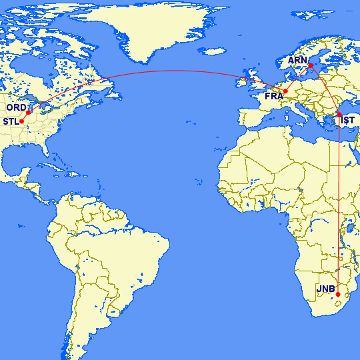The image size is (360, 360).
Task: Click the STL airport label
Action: click(x=11, y=121)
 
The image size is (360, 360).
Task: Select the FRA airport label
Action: click(x=274, y=97)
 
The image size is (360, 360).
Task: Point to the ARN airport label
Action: click(x=297, y=60)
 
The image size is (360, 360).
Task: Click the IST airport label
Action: click(x=347, y=121)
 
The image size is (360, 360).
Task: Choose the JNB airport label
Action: click(x=325, y=289)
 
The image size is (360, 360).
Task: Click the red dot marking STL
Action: click(x=22, y=121)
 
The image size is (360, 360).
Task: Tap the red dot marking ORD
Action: click(x=29, y=111)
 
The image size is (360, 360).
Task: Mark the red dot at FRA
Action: click(x=285, y=91)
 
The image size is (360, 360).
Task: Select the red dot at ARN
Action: click(x=310, y=65)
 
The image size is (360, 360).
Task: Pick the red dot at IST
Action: click(x=339, y=115)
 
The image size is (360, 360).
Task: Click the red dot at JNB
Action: click(x=338, y=294)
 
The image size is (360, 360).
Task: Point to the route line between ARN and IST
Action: click(x=327, y=89)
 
